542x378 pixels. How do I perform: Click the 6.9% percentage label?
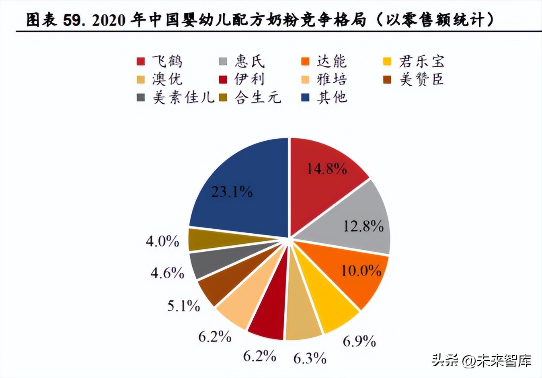point(359,341)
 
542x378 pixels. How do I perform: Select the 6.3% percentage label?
point(310,358)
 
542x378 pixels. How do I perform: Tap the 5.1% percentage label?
point(184,306)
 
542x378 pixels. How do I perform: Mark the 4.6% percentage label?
point(167,273)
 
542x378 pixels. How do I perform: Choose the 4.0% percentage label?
point(162,241)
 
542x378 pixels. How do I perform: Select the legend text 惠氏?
point(250,61)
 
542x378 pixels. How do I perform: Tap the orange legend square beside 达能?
point(306,61)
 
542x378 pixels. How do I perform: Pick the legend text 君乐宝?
point(422,61)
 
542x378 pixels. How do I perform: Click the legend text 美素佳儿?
point(183,97)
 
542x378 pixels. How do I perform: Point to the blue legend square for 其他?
point(306,97)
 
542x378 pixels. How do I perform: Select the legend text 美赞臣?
point(422,79)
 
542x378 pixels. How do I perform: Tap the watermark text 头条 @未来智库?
point(482,360)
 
